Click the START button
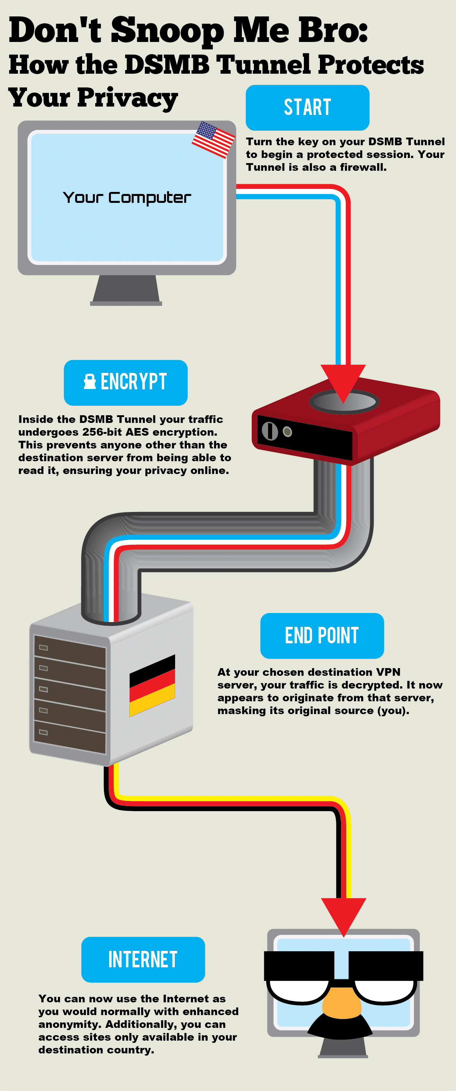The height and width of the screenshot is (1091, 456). (x=308, y=108)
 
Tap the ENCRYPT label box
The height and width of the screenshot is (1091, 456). (x=125, y=382)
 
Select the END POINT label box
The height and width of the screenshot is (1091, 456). (x=322, y=635)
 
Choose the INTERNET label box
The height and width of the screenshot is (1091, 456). (x=143, y=959)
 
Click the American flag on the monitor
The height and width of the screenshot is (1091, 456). (x=213, y=139)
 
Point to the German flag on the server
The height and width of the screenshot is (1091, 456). (x=152, y=685)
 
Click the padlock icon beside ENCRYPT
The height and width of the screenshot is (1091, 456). (x=90, y=381)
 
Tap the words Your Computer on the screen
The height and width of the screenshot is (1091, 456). (x=127, y=198)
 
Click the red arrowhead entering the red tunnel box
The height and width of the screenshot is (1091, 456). (x=343, y=381)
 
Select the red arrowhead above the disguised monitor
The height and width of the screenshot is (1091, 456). (x=343, y=914)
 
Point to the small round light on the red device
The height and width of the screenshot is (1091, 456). (x=287, y=432)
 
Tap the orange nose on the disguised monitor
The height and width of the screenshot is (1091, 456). (x=342, y=1004)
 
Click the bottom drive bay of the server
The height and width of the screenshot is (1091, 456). (x=70, y=735)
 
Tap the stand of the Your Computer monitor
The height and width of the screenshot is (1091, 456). (x=126, y=290)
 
